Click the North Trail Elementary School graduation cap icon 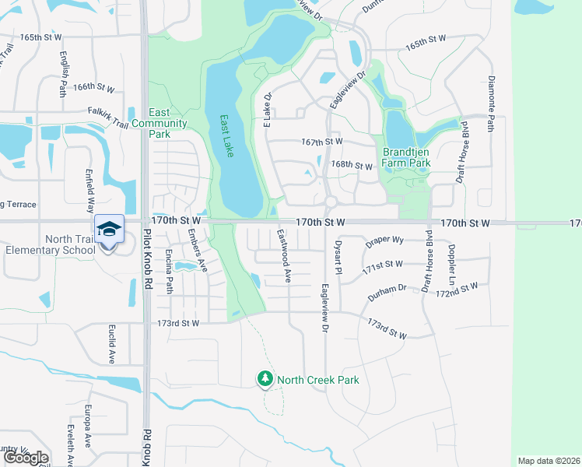[x=109, y=229]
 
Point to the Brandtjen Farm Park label [x=406, y=158]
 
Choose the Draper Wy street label [x=384, y=241]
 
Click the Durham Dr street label [x=387, y=289]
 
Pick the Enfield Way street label [x=90, y=195]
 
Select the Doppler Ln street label [x=451, y=264]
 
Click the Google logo [x=25, y=458]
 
